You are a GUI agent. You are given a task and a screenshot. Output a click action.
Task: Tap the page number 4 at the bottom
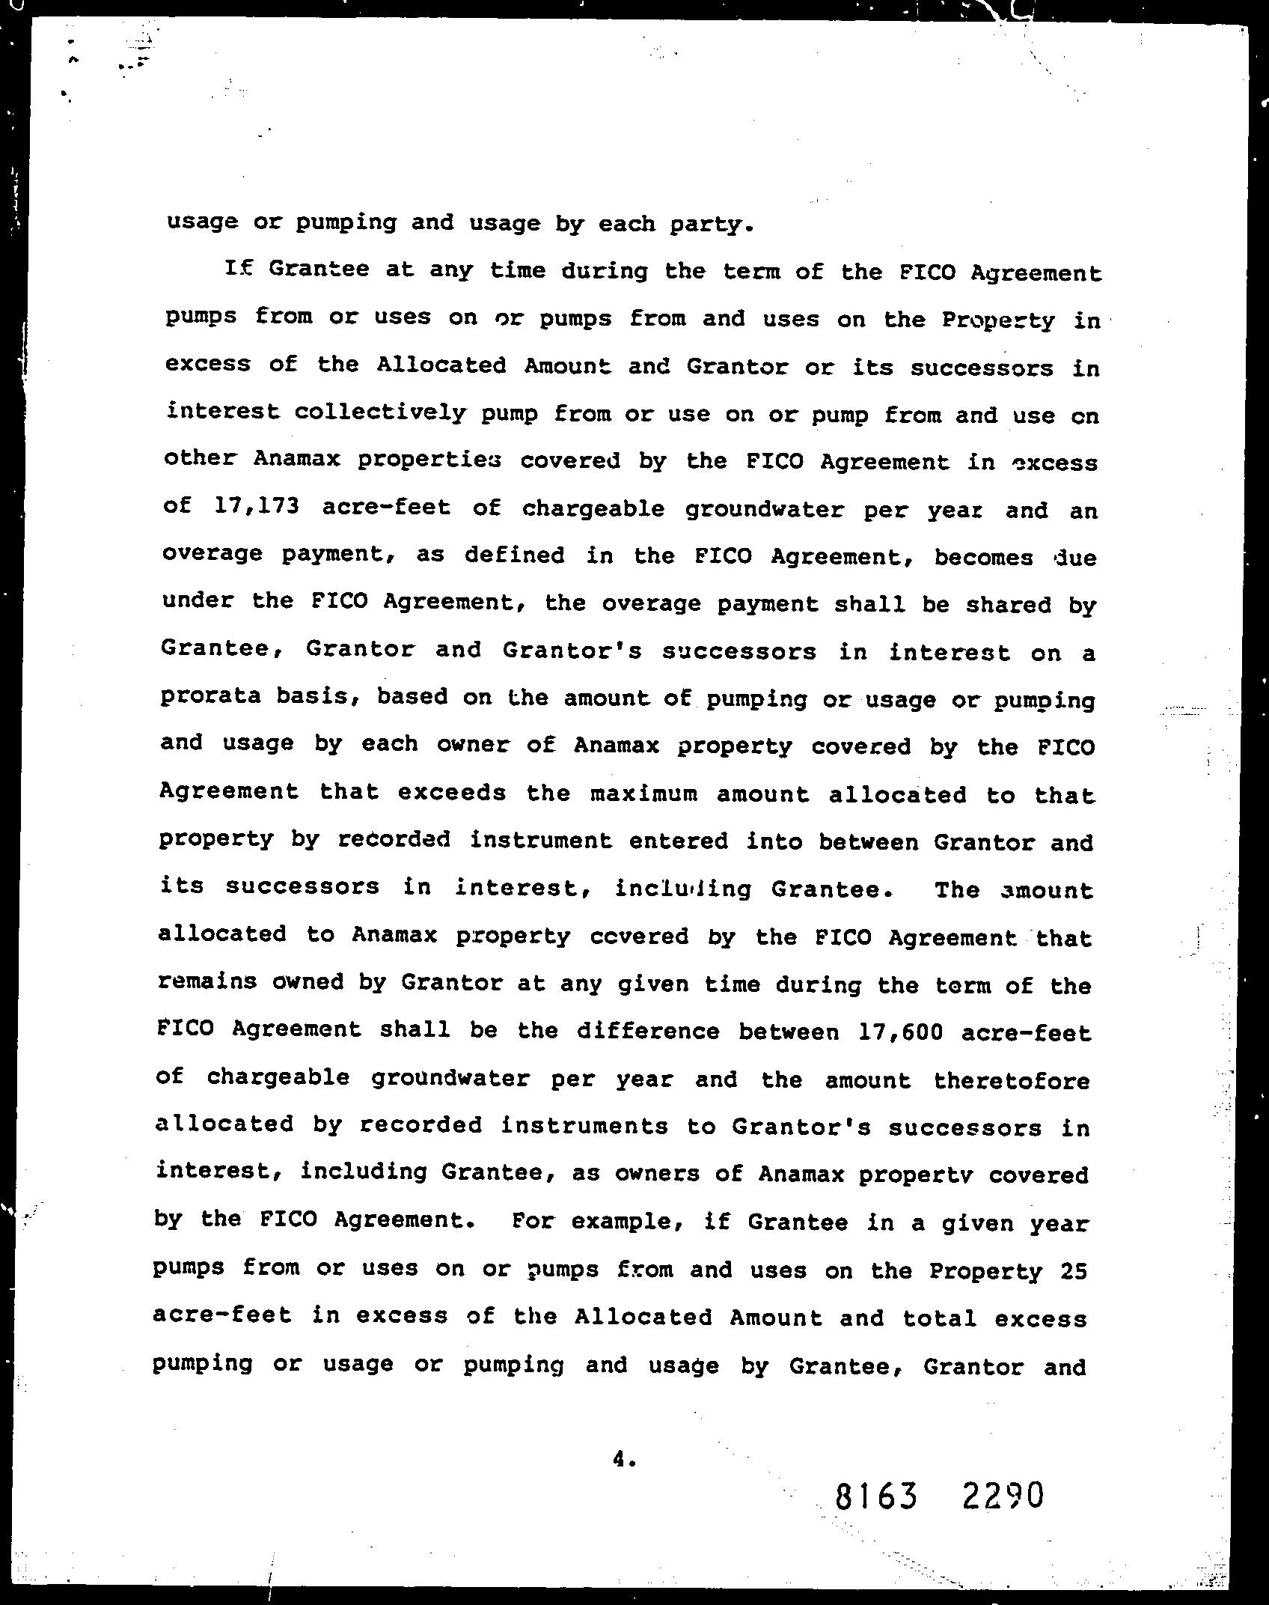click(x=620, y=1458)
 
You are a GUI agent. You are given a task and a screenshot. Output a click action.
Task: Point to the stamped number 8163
click(x=875, y=1497)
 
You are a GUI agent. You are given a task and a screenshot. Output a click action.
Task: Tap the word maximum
click(x=643, y=793)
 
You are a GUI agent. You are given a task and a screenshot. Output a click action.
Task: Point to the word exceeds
click(x=452, y=792)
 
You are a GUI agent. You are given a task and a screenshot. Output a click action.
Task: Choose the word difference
click(x=647, y=1032)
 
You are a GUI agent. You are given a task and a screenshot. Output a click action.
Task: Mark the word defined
click(x=514, y=555)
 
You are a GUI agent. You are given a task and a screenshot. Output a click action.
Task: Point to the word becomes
click(x=984, y=557)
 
